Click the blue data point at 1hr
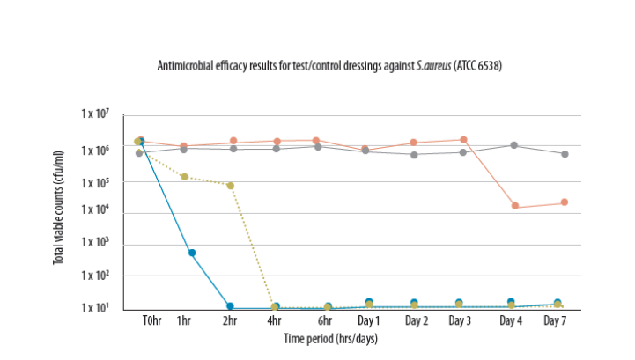[x=192, y=253]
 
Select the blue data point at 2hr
[x=230, y=306]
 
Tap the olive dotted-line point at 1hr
[x=185, y=177]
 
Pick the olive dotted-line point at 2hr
[x=231, y=186]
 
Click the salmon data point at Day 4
[x=515, y=206]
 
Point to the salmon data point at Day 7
[x=565, y=202]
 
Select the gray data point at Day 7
[x=565, y=154]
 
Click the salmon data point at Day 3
[x=463, y=140]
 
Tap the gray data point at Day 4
[x=514, y=145]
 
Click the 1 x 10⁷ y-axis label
[x=95, y=114]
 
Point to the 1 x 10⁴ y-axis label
[x=95, y=209]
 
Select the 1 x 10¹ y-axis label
[x=95, y=308]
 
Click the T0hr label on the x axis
[x=151, y=320]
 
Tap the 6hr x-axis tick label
[x=325, y=320]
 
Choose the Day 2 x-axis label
[x=417, y=320]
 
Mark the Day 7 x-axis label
[x=555, y=320]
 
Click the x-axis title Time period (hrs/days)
[x=330, y=339]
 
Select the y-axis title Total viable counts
[x=58, y=208]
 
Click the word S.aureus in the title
[x=433, y=66]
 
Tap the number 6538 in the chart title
[x=488, y=66]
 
